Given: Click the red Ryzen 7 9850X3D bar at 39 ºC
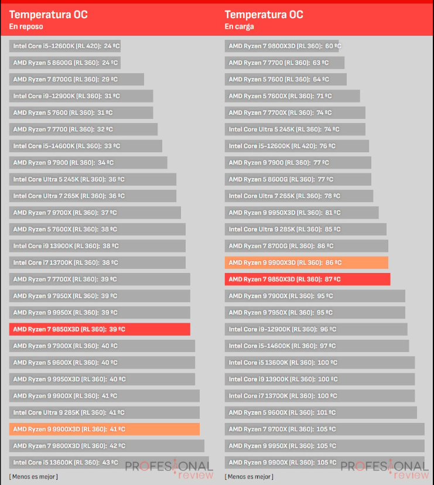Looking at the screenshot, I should pos(100,329).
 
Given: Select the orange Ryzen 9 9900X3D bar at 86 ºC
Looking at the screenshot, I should pos(306,262).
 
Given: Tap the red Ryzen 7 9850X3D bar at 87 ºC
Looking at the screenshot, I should pos(307,279).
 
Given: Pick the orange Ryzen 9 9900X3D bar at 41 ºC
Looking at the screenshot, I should pos(104,429).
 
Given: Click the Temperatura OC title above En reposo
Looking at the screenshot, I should pos(48,15).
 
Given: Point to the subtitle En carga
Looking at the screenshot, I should pos(239,26).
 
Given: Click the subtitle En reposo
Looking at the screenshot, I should pos(26,26).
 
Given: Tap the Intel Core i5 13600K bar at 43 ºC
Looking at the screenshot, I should pos(109,463).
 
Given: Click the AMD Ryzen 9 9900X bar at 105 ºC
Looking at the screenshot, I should pos(324,463).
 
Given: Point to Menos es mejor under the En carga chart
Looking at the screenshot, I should pos(249,477).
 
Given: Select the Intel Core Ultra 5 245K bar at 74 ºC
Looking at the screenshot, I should pos(295,129).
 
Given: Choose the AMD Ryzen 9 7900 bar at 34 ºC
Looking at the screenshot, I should pos(88,163).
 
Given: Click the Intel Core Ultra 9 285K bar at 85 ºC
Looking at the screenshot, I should pos(305,229).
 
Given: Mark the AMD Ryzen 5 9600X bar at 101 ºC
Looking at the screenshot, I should pos(321,412).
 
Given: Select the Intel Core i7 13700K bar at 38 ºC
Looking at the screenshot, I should pos(97,263).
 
